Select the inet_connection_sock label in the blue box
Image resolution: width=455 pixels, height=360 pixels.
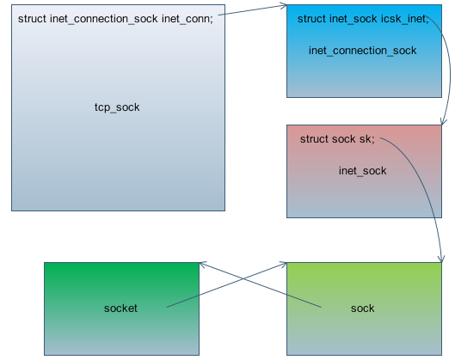362,51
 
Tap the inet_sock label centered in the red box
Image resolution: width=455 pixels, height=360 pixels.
362,171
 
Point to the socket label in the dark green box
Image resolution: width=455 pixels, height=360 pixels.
120,308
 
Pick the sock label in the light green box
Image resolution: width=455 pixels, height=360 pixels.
362,308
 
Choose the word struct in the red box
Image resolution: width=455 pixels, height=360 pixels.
314,138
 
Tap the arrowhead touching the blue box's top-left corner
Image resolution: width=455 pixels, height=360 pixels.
283,6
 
